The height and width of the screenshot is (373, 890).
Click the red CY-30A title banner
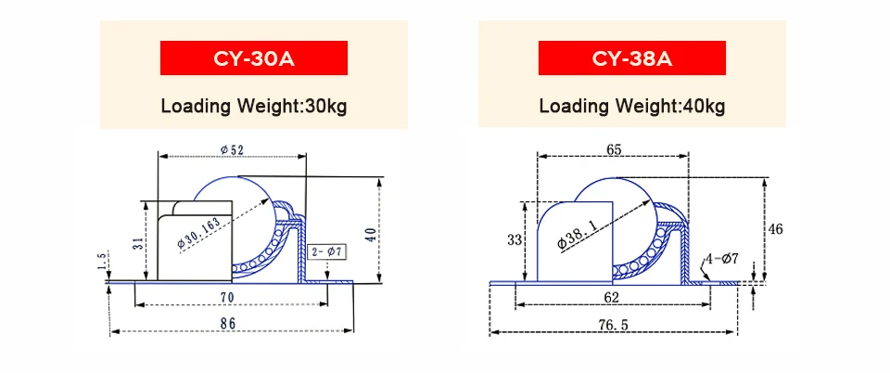click(254, 58)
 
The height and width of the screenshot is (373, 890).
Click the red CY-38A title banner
click(631, 58)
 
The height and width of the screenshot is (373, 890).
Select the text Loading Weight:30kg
click(254, 106)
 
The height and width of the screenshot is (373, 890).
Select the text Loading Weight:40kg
click(631, 106)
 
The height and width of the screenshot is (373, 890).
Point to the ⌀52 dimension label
click(232, 150)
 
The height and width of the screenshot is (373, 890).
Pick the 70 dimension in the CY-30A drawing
click(226, 296)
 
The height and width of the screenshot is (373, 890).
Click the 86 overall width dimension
click(227, 324)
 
